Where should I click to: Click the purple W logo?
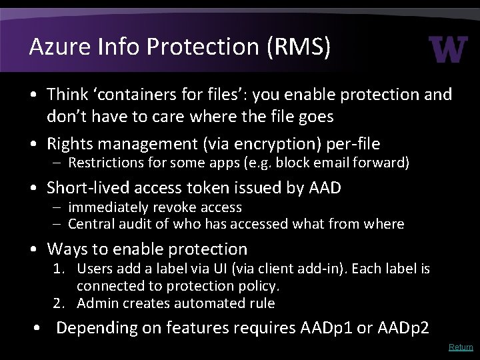[x=449, y=49]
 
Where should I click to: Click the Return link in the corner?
[x=461, y=347]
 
